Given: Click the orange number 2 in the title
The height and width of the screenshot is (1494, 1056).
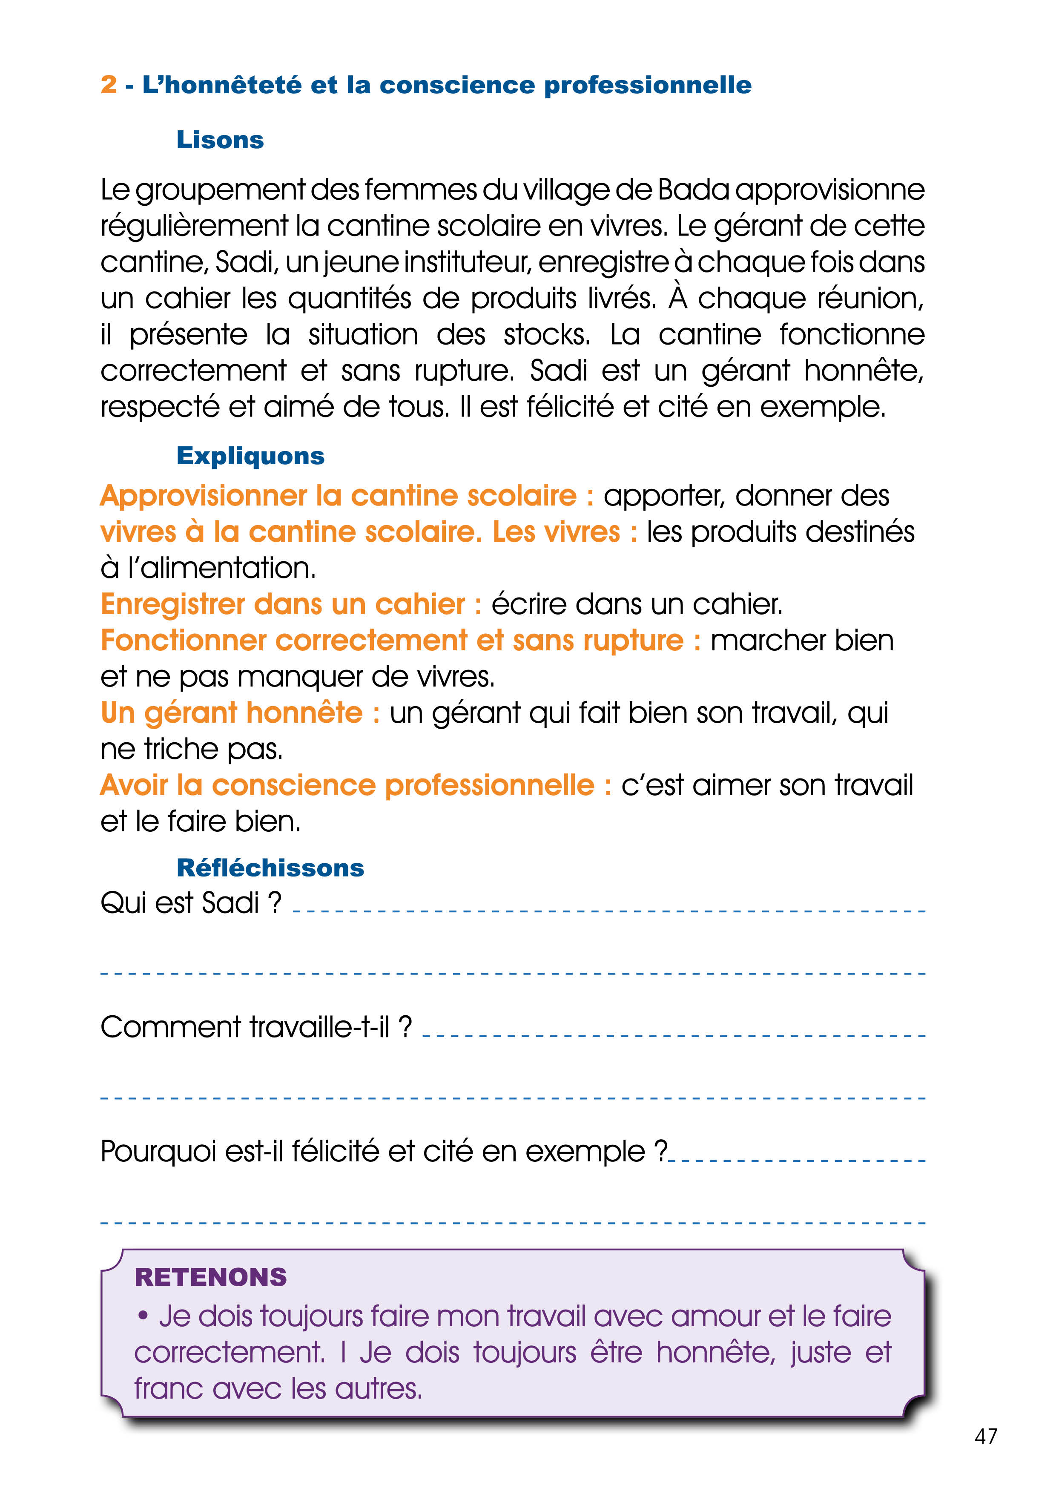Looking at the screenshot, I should [x=109, y=85].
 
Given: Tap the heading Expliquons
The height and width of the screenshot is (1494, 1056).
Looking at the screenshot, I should [x=250, y=456].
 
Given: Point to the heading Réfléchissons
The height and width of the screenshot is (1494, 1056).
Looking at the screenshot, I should [x=270, y=868].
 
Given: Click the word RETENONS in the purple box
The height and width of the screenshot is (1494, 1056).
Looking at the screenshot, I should [x=210, y=1277].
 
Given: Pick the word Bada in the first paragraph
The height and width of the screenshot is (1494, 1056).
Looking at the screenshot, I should [x=693, y=190].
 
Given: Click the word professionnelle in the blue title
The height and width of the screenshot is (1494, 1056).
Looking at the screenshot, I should [x=647, y=85].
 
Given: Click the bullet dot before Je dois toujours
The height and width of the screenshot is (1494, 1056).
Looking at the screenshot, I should [x=143, y=1316].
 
